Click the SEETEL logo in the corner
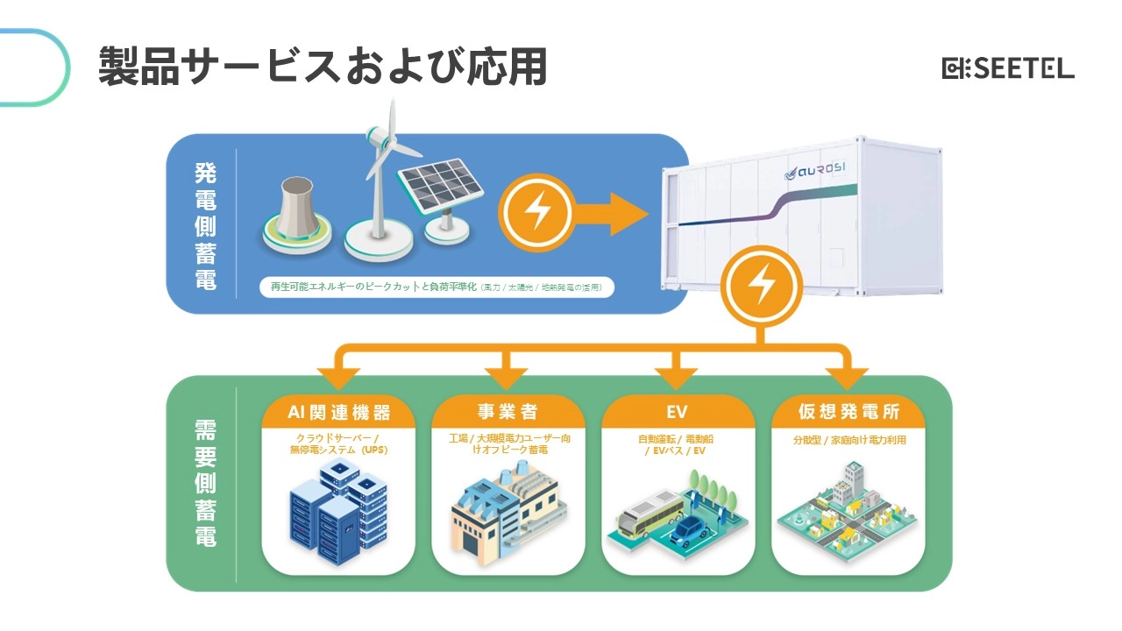point(1007,68)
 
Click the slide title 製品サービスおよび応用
point(323,67)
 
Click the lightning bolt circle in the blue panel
point(535,211)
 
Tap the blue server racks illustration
point(338,513)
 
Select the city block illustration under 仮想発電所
point(848,513)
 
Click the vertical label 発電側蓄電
point(204,225)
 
